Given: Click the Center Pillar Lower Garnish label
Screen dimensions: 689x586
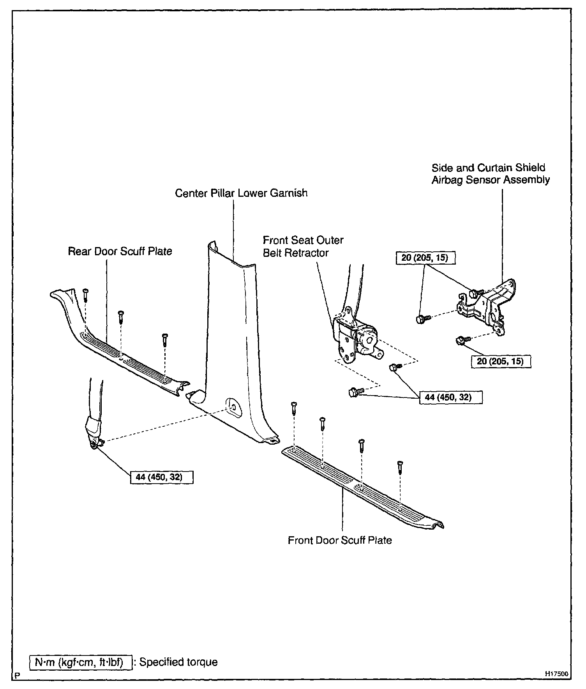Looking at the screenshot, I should (x=241, y=193).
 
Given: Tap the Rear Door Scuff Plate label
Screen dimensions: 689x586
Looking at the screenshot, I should (x=120, y=251).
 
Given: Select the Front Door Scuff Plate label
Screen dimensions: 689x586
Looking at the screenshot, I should (x=340, y=540).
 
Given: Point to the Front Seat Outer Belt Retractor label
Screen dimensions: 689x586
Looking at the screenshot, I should (x=303, y=246).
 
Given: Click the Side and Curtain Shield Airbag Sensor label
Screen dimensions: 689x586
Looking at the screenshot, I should (x=490, y=174).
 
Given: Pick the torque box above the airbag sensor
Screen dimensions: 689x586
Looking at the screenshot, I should (x=425, y=258).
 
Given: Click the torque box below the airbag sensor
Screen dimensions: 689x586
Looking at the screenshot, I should (x=500, y=361).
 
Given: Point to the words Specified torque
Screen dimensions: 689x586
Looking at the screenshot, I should (x=178, y=662).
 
